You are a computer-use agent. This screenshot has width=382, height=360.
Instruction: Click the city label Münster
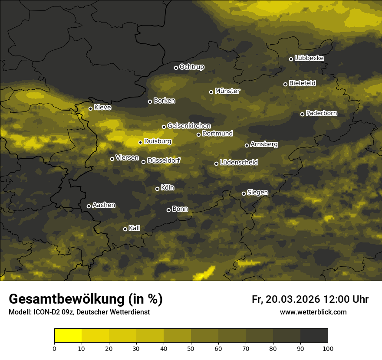[x=227, y=91]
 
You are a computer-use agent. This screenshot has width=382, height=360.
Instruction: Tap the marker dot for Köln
[x=157, y=189]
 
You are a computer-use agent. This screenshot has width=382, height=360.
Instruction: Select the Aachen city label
[x=104, y=205]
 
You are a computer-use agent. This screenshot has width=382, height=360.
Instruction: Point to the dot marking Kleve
[x=90, y=108]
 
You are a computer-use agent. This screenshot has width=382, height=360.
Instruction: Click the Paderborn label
[x=321, y=113]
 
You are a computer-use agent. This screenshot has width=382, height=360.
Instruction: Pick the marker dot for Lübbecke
[x=291, y=59]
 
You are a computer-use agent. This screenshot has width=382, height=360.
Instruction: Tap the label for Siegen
[x=257, y=193]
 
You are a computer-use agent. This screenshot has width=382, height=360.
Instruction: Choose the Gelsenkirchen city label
[x=189, y=126]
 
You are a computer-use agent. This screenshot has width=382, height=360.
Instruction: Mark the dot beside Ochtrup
[x=176, y=68]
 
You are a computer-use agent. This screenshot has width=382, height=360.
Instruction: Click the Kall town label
[x=135, y=228]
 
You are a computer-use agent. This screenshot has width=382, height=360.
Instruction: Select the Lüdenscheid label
[x=239, y=163]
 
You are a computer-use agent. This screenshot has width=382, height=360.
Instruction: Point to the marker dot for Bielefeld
[x=285, y=84]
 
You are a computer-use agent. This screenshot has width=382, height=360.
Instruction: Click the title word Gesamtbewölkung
[x=66, y=299]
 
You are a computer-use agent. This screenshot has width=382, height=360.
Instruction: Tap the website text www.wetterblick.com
[x=313, y=312]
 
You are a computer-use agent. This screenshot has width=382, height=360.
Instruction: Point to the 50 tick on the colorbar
[x=191, y=348]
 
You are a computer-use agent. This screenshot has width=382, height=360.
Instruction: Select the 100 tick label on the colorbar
[x=328, y=348]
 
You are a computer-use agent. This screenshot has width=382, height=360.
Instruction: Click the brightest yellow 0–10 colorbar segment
[x=68, y=336]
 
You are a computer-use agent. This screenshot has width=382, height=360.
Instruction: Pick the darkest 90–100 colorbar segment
[x=314, y=336]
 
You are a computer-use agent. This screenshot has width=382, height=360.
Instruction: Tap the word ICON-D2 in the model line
[x=45, y=312]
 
